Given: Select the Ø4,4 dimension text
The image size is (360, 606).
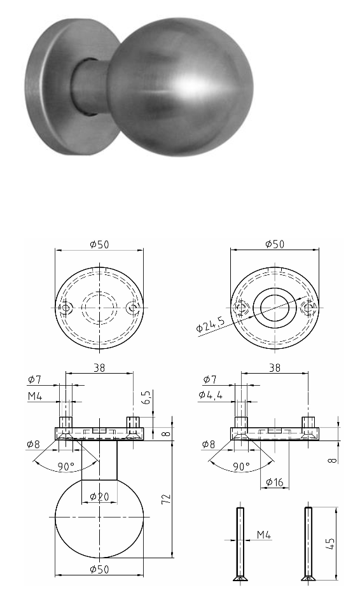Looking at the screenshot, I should pyautogui.click(x=211, y=395).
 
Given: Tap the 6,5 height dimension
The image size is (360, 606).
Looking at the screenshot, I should pyautogui.click(x=146, y=399).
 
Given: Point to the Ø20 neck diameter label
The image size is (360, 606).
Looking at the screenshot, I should pyautogui.click(x=100, y=496).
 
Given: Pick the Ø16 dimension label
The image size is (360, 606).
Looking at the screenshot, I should pyautogui.click(x=275, y=482).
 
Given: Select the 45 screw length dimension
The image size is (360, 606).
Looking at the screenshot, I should pyautogui.click(x=329, y=544).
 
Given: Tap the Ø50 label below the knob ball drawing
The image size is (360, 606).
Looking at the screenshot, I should pyautogui.click(x=99, y=568).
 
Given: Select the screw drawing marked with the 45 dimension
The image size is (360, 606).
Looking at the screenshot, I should pyautogui.click(x=308, y=544).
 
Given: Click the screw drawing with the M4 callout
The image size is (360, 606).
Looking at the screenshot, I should pyautogui.click(x=240, y=544).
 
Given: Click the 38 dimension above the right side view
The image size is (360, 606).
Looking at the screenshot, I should pyautogui.click(x=275, y=367).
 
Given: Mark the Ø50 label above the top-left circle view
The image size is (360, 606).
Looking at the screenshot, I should pyautogui.click(x=99, y=244).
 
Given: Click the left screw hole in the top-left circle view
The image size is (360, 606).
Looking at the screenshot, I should pyautogui.click(x=66, y=309).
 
